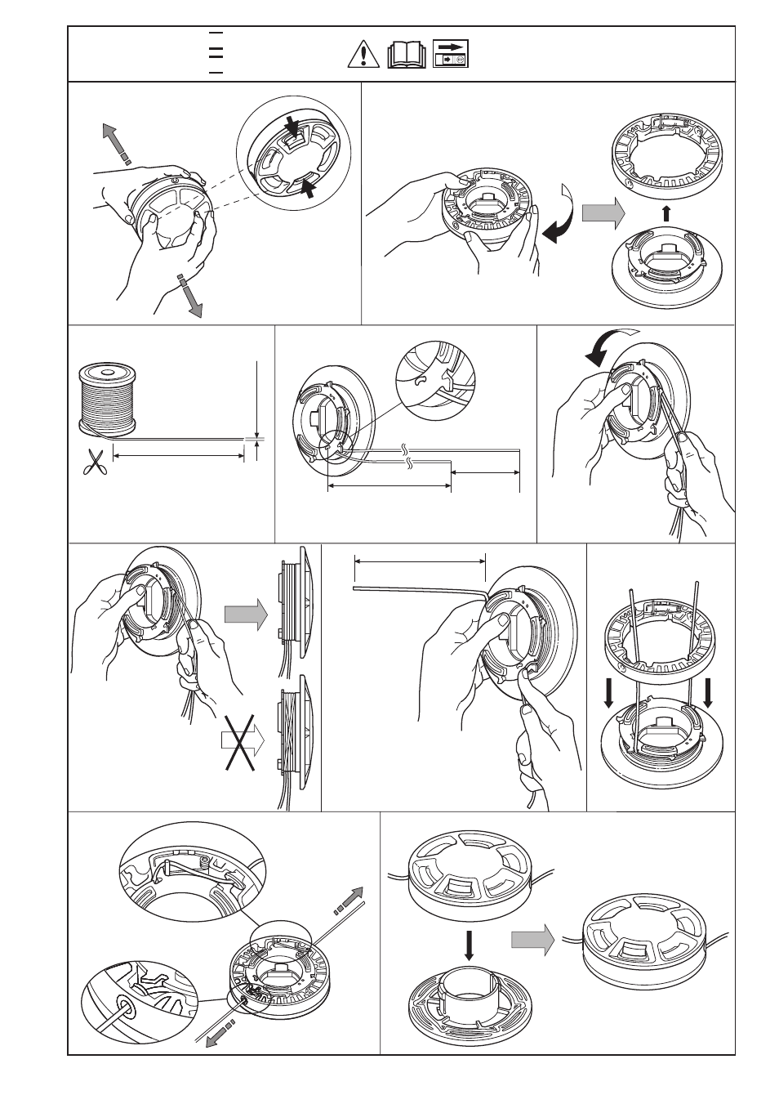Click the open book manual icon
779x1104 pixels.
pos(407,55)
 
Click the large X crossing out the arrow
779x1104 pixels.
pos(243,740)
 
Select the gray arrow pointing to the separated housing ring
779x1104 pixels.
pos(603,214)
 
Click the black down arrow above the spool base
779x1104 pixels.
pos(468,944)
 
